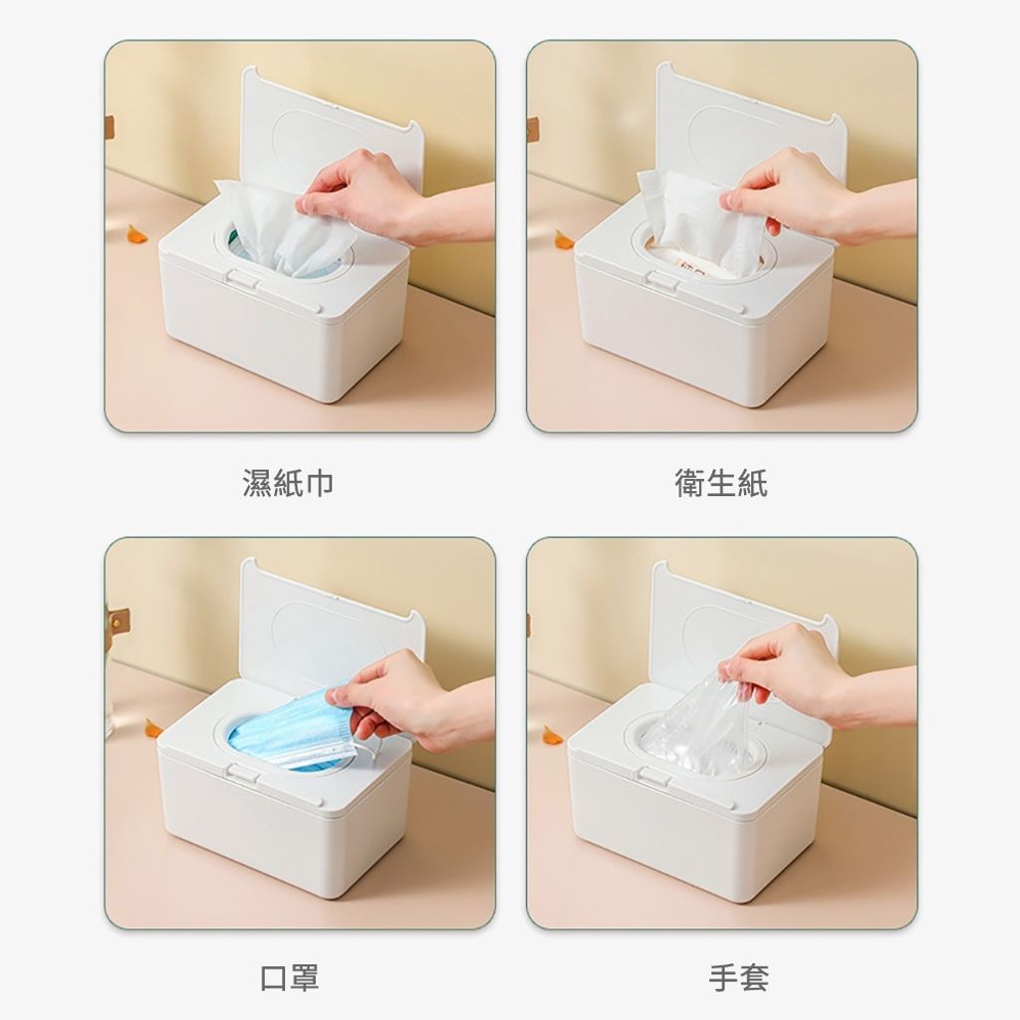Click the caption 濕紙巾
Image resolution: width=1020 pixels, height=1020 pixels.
click(x=288, y=483)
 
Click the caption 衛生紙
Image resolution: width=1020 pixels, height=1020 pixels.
click(x=721, y=483)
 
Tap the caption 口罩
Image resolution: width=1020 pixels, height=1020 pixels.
click(x=289, y=978)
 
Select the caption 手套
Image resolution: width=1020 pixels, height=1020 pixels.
click(x=738, y=978)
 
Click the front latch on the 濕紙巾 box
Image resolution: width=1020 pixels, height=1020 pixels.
click(x=242, y=280)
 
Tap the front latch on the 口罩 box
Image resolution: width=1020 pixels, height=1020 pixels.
click(x=242, y=773)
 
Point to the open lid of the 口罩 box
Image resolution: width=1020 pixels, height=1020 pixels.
click(x=332, y=625)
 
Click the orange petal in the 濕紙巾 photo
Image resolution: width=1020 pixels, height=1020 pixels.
click(x=137, y=233)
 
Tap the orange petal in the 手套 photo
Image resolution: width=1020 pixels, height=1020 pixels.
click(x=553, y=735)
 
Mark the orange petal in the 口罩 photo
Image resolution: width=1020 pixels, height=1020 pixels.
click(x=153, y=728)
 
